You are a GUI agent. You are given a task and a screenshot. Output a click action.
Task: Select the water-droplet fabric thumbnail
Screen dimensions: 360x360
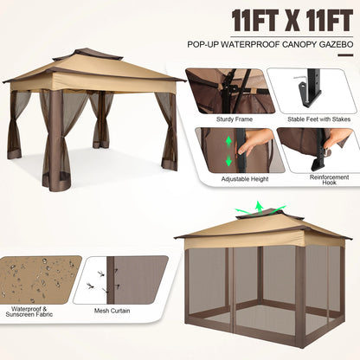pos(39,280)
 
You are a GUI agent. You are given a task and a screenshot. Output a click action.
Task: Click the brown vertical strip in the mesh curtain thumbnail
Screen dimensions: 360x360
pos(110,280)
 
